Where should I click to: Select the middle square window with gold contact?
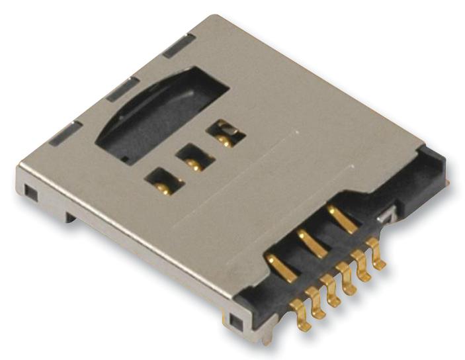click(x=194, y=159)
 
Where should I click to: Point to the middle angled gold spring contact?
click(x=312, y=242)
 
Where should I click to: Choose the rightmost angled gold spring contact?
click(x=342, y=219)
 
